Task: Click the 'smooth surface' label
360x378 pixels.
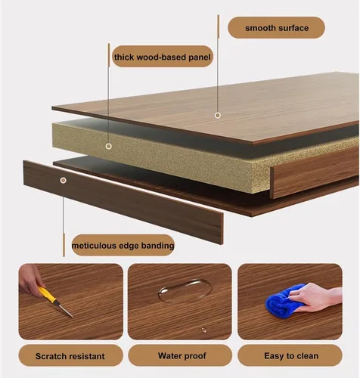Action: [277, 28]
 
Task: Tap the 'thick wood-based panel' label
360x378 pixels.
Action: [163, 57]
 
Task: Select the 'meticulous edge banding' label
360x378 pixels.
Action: [123, 246]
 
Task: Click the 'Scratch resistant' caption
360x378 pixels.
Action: [70, 356]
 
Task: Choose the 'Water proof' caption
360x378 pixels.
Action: [182, 355]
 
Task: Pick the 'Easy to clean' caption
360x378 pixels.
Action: [291, 355]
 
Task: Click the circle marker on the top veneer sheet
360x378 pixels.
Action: [218, 116]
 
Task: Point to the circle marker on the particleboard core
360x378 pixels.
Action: [109, 146]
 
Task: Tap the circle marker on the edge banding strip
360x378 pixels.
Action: [64, 180]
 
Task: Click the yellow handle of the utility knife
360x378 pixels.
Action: [48, 295]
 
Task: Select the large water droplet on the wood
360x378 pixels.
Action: [185, 290]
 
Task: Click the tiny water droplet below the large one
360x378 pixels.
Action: [203, 330]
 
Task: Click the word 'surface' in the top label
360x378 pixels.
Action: [293, 28]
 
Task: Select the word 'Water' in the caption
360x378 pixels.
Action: [169, 355]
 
